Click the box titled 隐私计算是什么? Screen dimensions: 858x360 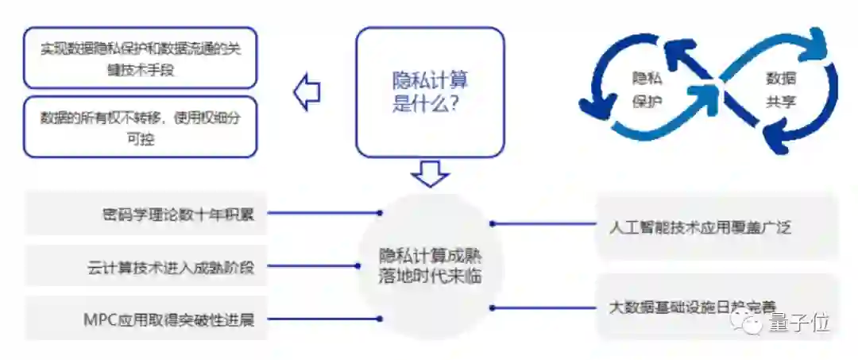[430, 91]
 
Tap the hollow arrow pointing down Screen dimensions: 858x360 [430, 173]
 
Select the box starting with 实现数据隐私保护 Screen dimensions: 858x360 [141, 58]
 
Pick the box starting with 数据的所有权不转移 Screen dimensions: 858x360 [141, 127]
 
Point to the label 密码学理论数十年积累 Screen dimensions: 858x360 [178, 213]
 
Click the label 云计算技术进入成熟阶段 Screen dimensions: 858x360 [171, 267]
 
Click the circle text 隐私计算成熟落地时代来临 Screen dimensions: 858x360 [430, 267]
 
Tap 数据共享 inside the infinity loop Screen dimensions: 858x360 [780, 90]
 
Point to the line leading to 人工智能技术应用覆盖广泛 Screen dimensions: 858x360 [544, 224]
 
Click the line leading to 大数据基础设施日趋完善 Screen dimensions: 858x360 [544, 307]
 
